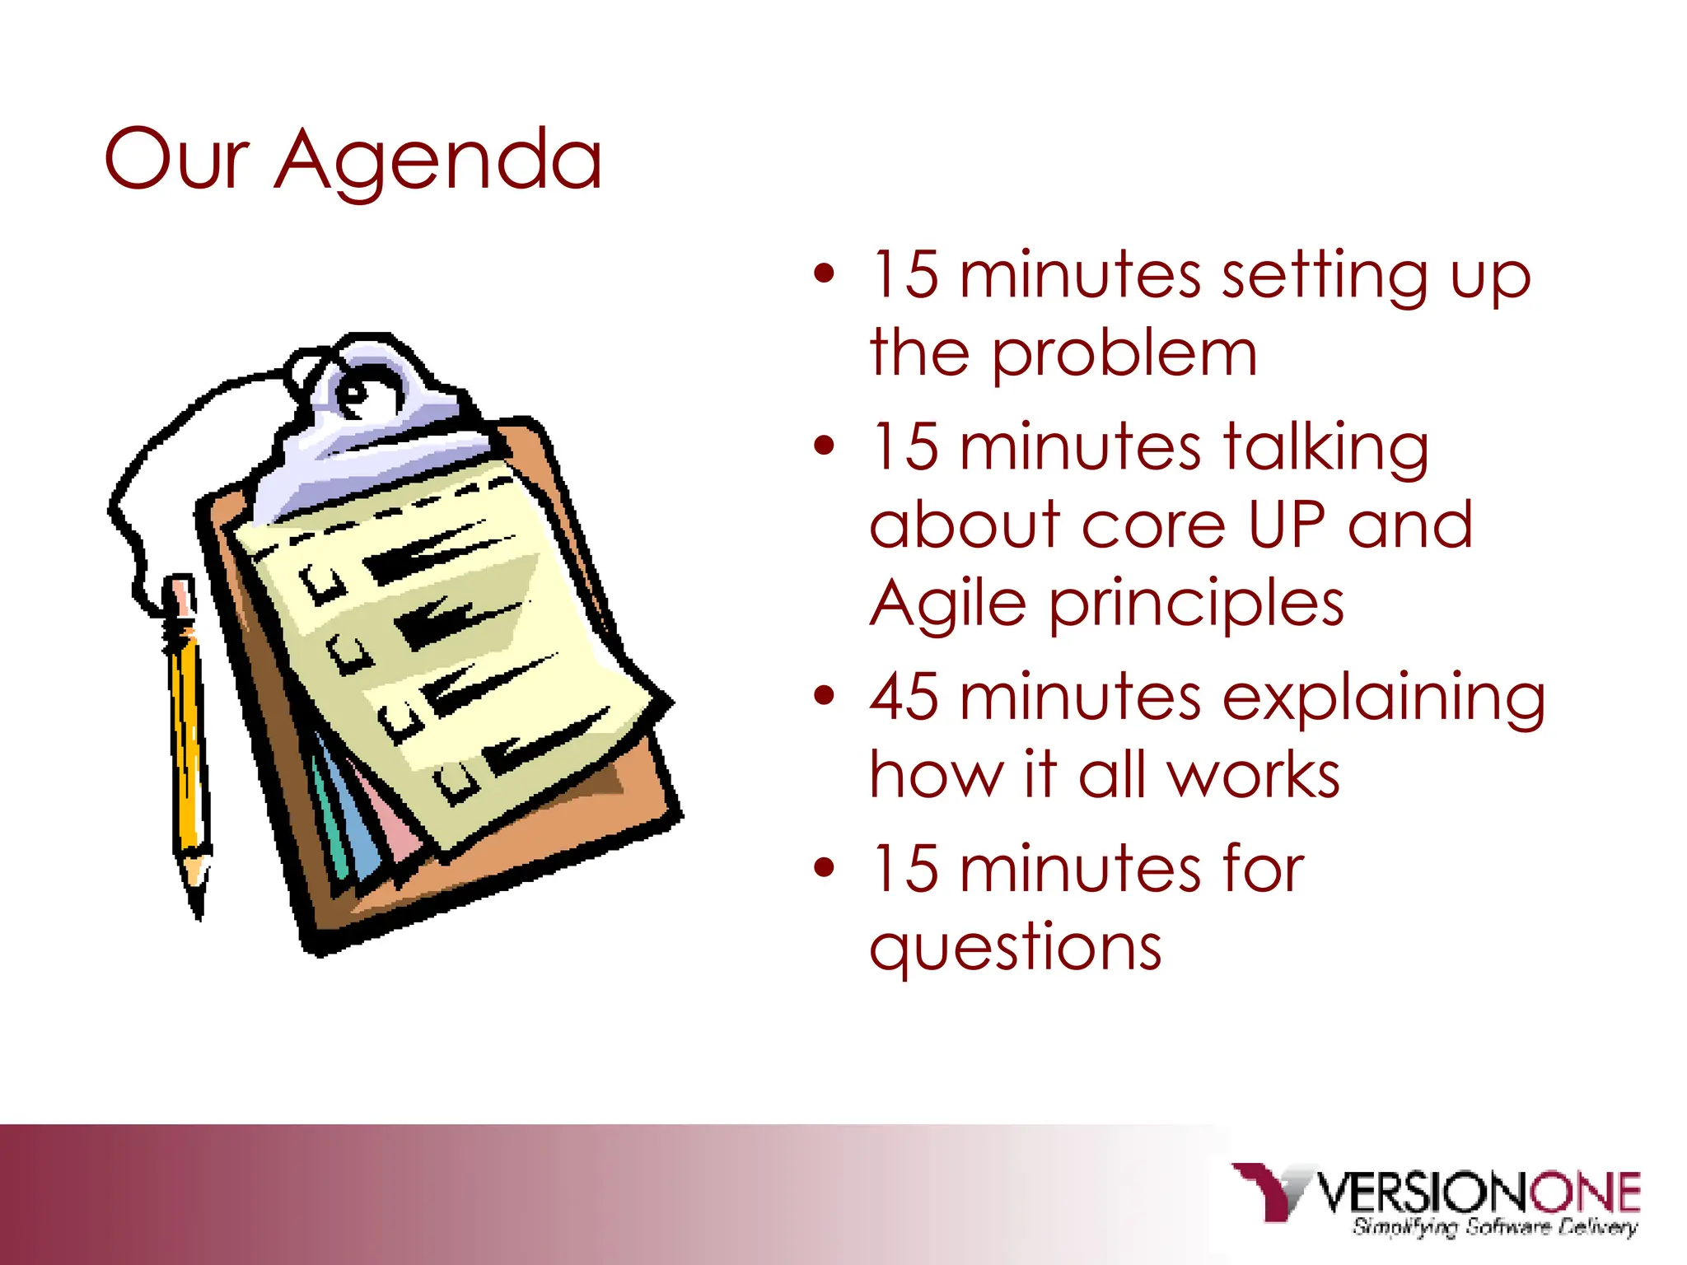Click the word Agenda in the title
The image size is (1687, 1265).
click(438, 161)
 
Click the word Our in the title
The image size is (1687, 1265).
click(176, 159)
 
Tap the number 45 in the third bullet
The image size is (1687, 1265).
click(904, 697)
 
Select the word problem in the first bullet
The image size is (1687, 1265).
click(1124, 354)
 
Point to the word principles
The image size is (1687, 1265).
click(1196, 605)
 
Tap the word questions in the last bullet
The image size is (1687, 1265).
click(1015, 947)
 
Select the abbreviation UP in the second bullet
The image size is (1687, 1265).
click(1287, 525)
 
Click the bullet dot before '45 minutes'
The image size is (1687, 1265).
click(824, 696)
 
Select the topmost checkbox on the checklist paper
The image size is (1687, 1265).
click(323, 583)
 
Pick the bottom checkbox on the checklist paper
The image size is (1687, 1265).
click(457, 781)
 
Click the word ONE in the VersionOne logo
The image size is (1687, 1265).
click(1585, 1193)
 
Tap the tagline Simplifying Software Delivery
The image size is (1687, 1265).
click(1494, 1227)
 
